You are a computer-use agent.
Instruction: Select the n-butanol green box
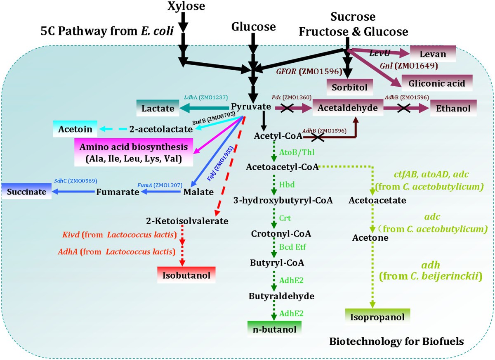point(274,329)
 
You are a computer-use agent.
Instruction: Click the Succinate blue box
point(26,192)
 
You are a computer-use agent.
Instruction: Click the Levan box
point(433,54)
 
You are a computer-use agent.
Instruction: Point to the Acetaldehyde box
point(348,108)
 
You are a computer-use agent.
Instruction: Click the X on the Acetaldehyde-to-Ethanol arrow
point(403,108)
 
